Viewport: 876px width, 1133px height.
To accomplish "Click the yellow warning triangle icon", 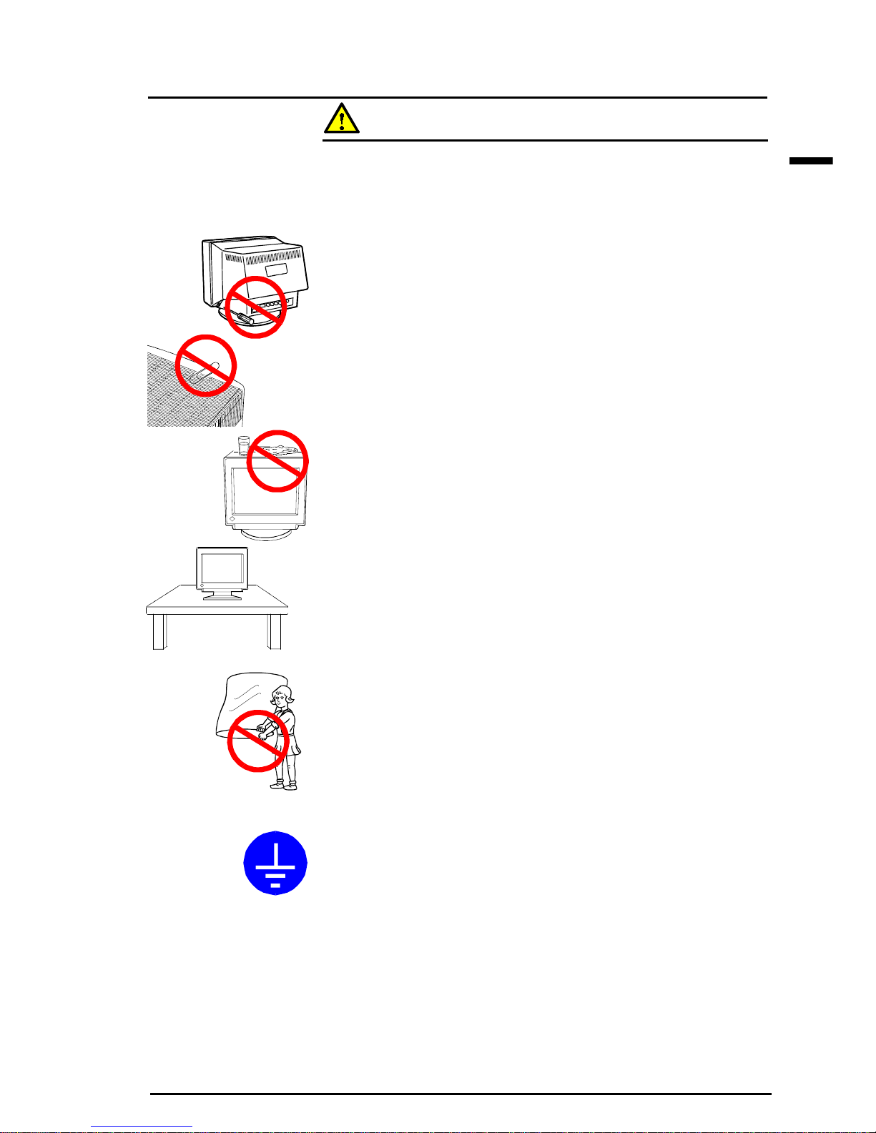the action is (341, 119).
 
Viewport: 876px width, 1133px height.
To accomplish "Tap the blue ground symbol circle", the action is (275, 862).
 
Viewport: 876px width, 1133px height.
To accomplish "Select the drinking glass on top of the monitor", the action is (243, 445).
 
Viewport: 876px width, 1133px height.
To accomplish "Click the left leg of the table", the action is (159, 631).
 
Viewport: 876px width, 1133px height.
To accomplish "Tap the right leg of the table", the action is (275, 631).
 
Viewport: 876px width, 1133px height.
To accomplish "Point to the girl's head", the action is (284, 695).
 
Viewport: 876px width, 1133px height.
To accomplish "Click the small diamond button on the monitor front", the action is (232, 517).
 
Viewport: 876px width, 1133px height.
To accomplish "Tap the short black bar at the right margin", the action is (811, 162).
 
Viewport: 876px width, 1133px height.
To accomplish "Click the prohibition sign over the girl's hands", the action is (257, 741).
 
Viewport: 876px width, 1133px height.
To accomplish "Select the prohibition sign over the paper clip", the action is (206, 365).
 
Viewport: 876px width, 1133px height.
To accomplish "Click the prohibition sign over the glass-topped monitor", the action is (277, 460).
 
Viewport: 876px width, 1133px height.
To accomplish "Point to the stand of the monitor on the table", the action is (222, 595).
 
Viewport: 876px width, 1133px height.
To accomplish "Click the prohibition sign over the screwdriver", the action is (256, 307).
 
